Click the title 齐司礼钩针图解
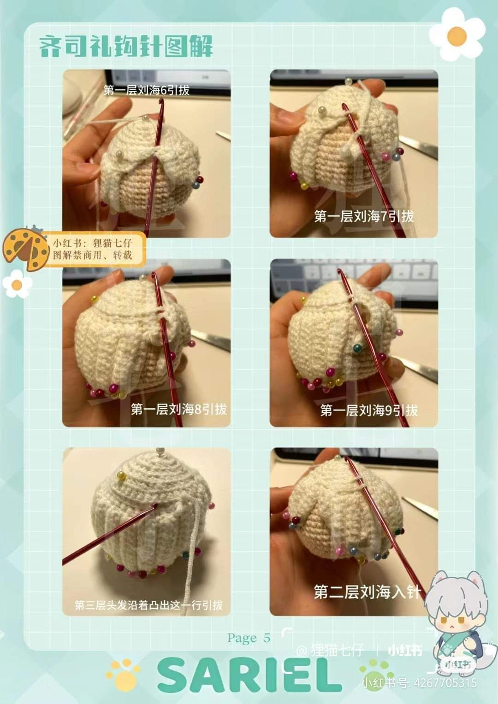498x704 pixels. (x=125, y=47)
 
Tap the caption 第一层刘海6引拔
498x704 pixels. (x=147, y=90)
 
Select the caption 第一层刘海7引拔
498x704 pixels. (x=364, y=216)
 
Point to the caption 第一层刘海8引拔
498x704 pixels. (x=178, y=409)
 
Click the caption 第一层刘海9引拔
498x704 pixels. (x=369, y=410)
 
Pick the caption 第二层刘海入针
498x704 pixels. (x=368, y=592)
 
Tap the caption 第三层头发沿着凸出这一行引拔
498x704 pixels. (x=148, y=605)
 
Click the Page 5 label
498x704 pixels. (x=249, y=638)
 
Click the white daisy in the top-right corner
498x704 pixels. (x=457, y=35)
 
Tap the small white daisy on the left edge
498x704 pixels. (x=17, y=284)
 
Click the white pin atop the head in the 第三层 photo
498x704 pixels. (x=160, y=451)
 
